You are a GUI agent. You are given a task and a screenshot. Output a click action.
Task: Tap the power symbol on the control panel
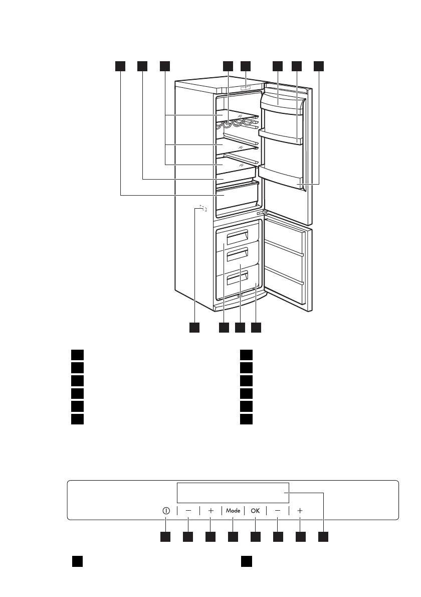(x=166, y=510)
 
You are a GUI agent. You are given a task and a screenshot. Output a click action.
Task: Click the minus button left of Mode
(x=188, y=510)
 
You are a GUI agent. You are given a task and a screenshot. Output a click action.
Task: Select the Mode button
(x=233, y=510)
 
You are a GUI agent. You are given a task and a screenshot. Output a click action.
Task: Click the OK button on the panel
(x=256, y=510)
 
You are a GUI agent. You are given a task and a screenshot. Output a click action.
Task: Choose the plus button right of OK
(x=300, y=510)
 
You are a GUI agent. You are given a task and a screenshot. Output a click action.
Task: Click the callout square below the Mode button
(x=233, y=537)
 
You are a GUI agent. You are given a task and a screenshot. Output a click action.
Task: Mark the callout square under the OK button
(x=256, y=537)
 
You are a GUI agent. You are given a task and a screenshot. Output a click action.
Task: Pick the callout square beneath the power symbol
(x=165, y=537)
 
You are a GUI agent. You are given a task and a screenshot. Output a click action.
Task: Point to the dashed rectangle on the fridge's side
(x=202, y=208)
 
